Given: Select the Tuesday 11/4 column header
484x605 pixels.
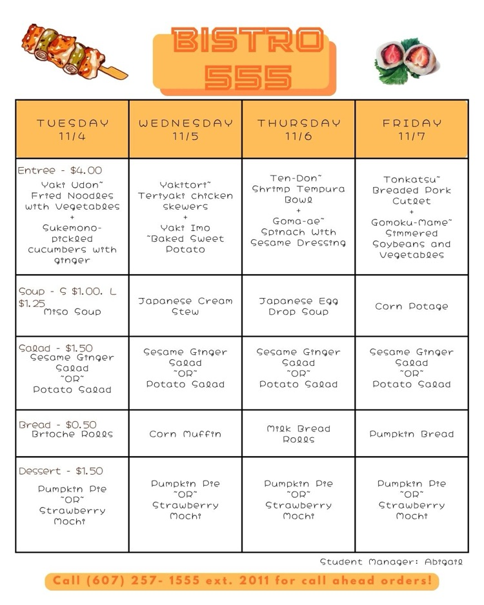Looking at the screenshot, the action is coord(72,129).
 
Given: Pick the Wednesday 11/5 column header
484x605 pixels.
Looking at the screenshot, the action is coord(185,129).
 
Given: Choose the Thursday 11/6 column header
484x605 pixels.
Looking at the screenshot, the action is coord(299,129).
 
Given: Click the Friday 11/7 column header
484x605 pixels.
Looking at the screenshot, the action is coord(412,129).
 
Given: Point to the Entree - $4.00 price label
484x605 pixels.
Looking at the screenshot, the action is coord(59,171).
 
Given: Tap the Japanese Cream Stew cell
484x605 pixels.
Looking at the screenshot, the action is coord(185,306).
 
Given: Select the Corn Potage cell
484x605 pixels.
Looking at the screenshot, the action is coord(412,306).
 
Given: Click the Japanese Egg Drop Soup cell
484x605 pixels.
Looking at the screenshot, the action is coord(299,306).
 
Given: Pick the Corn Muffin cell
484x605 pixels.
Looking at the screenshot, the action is coord(185,434).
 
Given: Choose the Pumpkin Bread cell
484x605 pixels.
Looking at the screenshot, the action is coord(412,434).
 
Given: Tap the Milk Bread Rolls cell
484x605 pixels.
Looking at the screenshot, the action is coord(299,434).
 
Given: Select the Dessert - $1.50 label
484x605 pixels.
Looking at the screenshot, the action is coord(60,471).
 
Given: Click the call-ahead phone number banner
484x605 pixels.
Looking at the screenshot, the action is coord(242,581).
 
